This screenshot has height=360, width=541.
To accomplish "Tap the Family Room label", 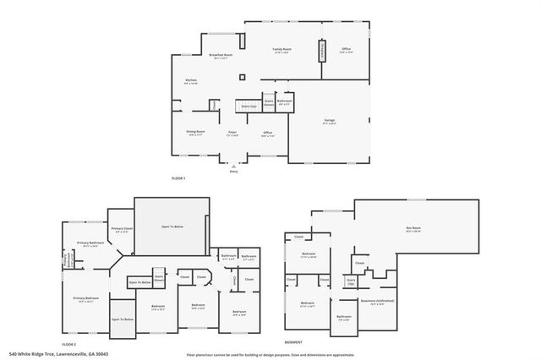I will click(x=281, y=52).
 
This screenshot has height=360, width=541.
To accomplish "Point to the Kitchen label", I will click(x=192, y=81).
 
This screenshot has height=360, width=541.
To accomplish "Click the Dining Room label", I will click(x=195, y=132).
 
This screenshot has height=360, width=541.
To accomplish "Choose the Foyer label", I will click(x=232, y=133).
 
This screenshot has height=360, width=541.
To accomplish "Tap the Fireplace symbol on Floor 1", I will click(x=321, y=52).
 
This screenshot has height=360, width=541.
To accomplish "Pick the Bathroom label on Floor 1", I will click(x=285, y=101).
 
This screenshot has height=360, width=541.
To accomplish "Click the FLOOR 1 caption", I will click(x=178, y=178).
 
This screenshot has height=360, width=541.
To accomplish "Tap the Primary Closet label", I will click(x=122, y=229).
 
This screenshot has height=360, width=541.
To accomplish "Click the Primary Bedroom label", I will click(x=86, y=298).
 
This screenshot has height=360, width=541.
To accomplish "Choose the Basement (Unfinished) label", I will click(x=377, y=301).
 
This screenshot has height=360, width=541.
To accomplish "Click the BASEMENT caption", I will click(x=293, y=343).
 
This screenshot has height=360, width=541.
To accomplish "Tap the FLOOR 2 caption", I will click(x=69, y=345).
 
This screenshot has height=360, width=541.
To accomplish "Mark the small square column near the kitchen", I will click(x=242, y=78).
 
